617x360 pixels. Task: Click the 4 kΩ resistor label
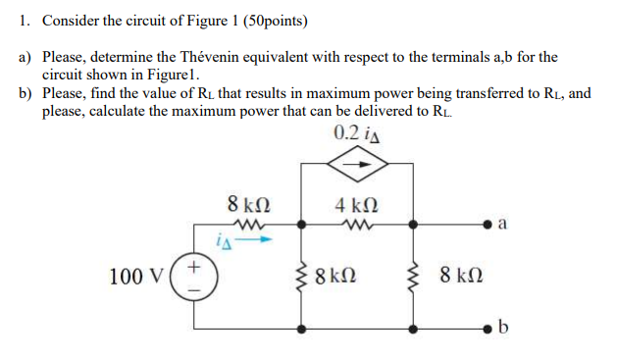coord(356,206)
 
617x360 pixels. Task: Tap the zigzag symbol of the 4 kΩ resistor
coord(356,225)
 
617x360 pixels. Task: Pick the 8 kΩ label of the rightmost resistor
coord(460,276)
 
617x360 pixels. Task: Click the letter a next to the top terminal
coord(502,225)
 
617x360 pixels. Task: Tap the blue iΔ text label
coord(223,238)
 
